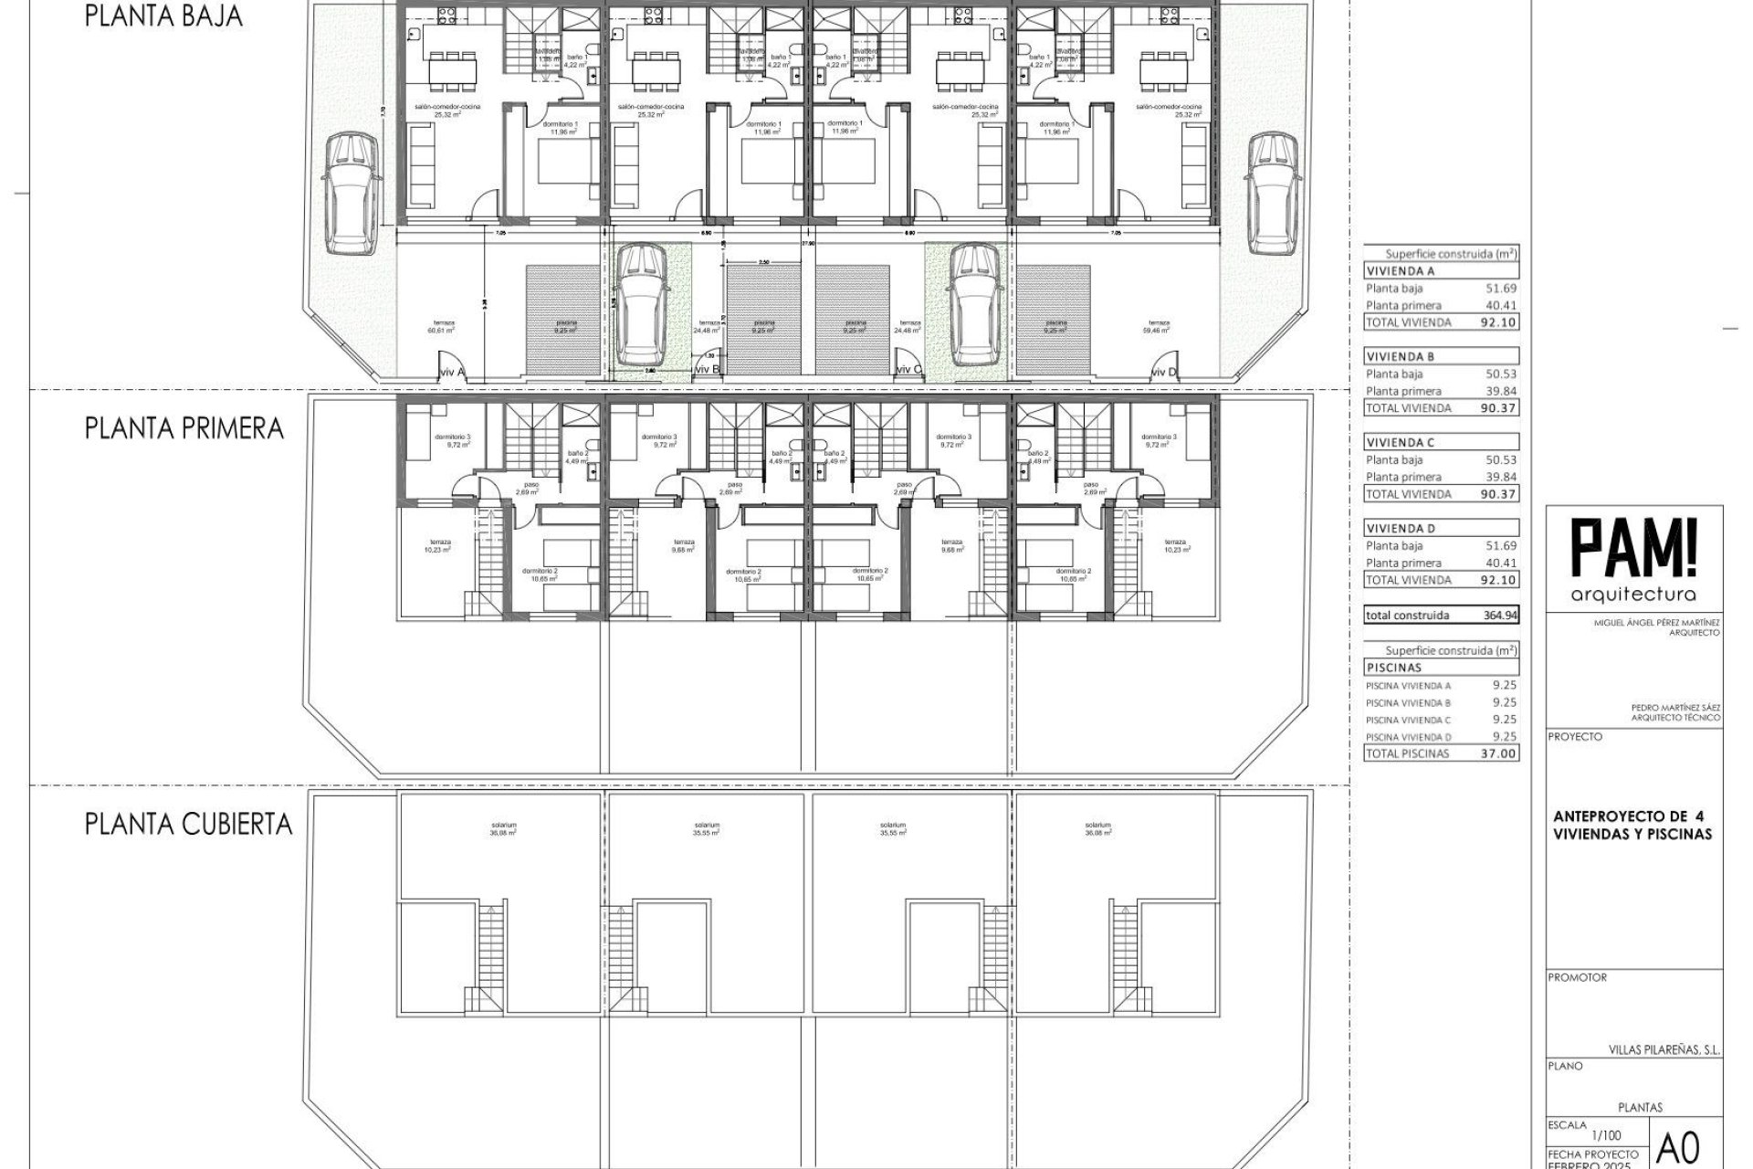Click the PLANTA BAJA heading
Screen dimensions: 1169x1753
(163, 16)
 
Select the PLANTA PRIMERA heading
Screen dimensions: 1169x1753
(184, 428)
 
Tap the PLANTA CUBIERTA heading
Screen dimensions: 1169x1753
(188, 824)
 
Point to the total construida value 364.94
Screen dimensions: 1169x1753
(1500, 616)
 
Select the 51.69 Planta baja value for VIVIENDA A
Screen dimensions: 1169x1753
(1500, 289)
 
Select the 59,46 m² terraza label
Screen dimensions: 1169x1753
(1159, 327)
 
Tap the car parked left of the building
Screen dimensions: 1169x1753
(349, 193)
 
